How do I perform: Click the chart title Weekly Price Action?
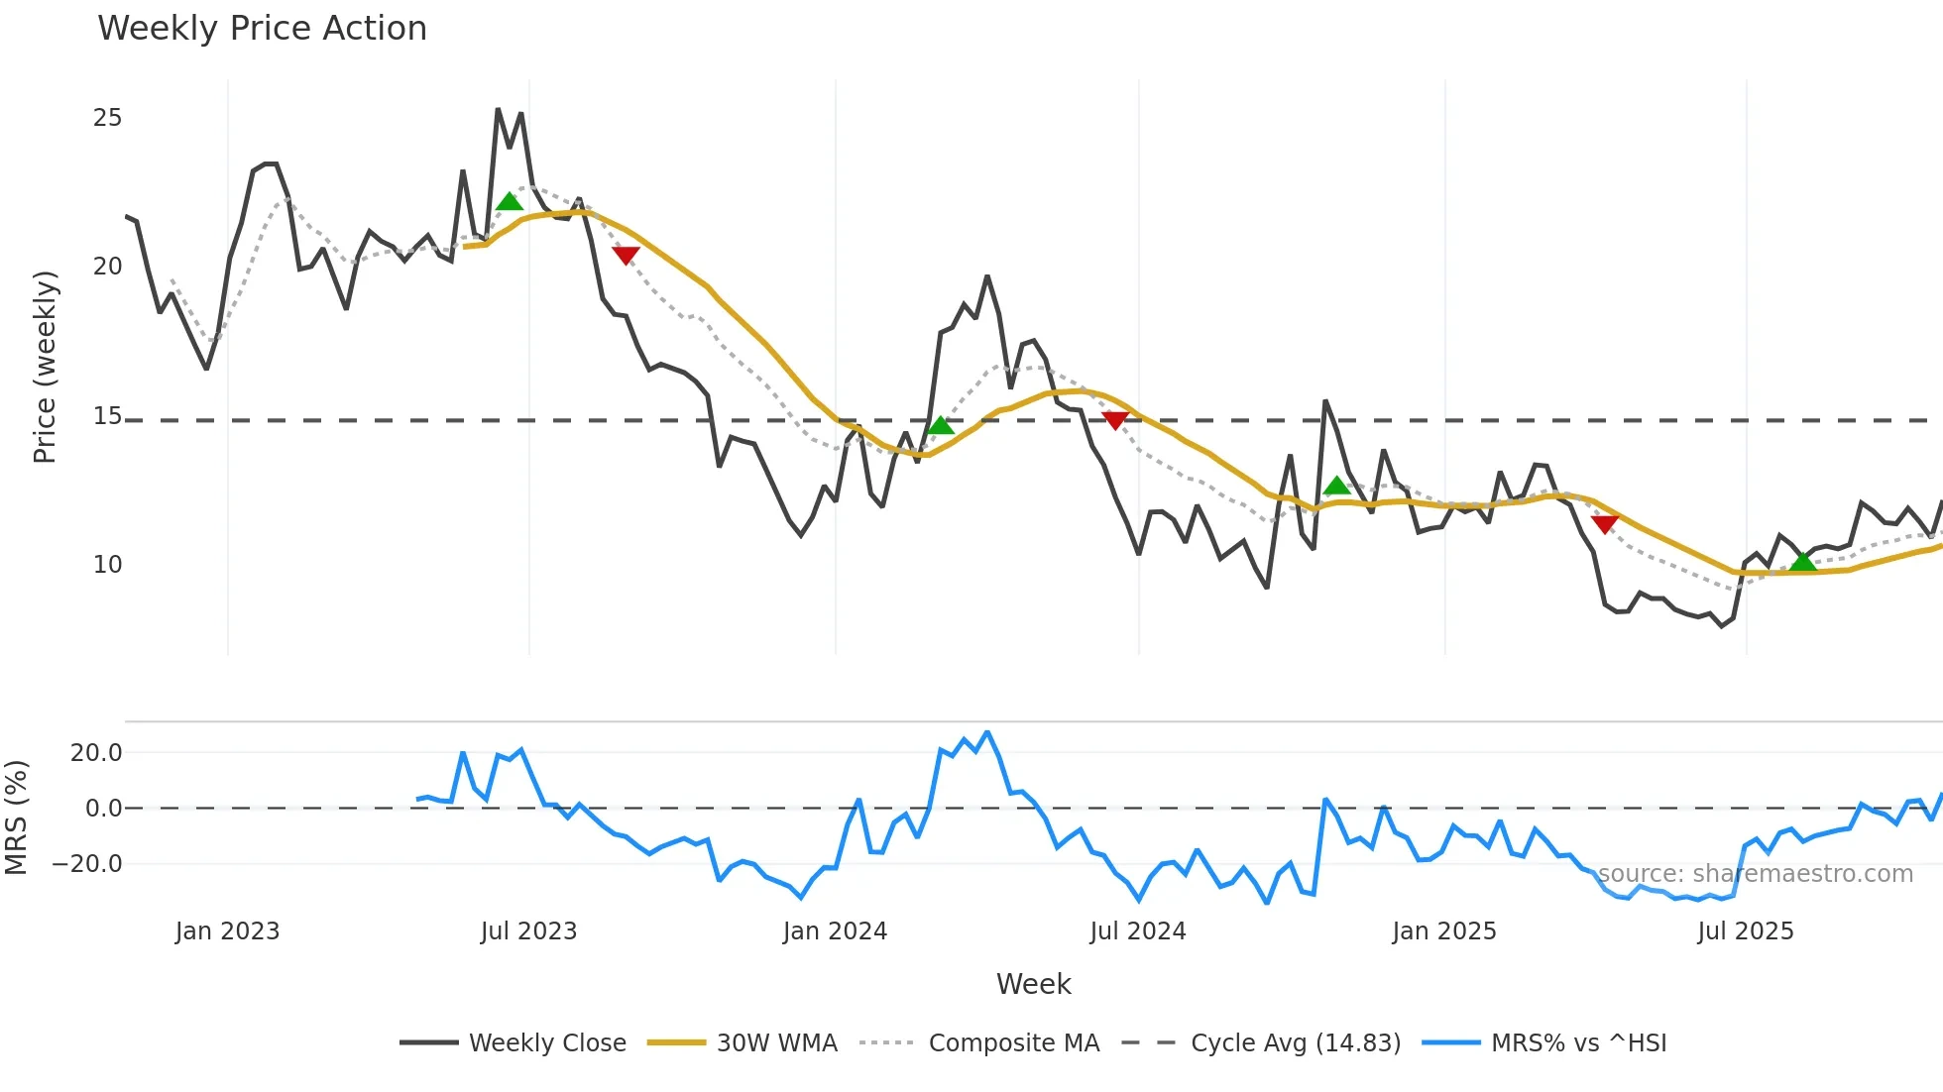(262, 29)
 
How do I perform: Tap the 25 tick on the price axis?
(107, 118)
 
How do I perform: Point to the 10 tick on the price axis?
(107, 565)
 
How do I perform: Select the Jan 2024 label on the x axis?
(835, 931)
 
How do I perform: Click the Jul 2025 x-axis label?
(1745, 931)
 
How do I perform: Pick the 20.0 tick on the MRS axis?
(96, 753)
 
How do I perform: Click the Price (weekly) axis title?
(46, 367)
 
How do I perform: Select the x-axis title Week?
(1033, 984)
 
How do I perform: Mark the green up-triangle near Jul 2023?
(510, 202)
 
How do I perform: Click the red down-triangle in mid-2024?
(1115, 420)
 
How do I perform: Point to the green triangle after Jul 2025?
(1803, 562)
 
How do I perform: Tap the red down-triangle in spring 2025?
(1604, 523)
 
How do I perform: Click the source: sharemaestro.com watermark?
(1755, 874)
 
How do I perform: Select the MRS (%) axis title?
(17, 818)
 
